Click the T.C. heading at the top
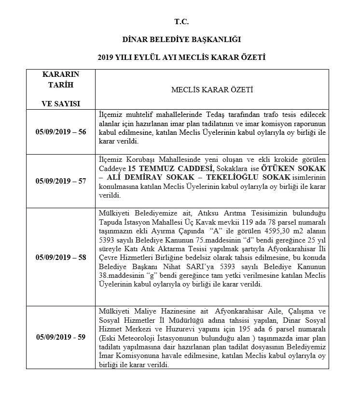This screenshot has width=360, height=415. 181,22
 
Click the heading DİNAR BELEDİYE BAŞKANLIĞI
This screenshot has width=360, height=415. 181,39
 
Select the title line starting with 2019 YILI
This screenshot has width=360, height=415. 181,57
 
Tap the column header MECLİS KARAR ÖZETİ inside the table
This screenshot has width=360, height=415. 212,90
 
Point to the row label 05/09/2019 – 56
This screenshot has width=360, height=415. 61,132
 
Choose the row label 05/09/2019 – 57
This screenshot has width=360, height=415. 61,181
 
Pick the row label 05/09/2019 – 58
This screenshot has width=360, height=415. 61,257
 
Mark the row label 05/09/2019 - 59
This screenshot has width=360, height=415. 61,337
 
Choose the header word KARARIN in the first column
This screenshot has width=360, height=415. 61,74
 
